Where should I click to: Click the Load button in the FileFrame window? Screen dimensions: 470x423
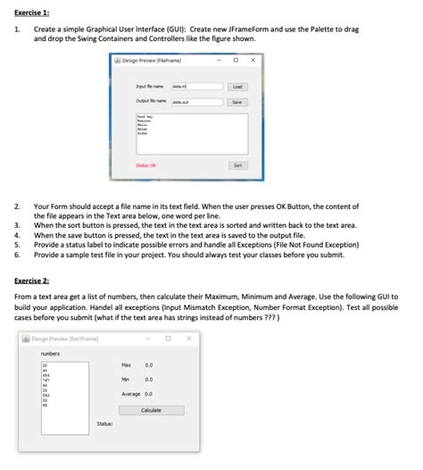pyautogui.click(x=236, y=87)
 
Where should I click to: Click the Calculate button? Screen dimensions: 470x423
pyautogui.click(x=151, y=410)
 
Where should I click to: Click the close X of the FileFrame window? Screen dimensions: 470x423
pyautogui.click(x=253, y=61)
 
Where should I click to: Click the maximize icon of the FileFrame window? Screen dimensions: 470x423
pyautogui.click(x=235, y=61)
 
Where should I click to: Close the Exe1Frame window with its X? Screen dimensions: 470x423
pyautogui.click(x=188, y=339)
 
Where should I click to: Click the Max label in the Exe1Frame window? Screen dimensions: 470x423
pyautogui.click(x=127, y=365)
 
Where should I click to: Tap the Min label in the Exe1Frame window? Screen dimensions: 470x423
pyautogui.click(x=127, y=380)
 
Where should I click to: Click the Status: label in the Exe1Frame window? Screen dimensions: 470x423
pyautogui.click(x=104, y=438)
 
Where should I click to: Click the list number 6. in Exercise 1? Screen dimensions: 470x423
pyautogui.click(x=17, y=255)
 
